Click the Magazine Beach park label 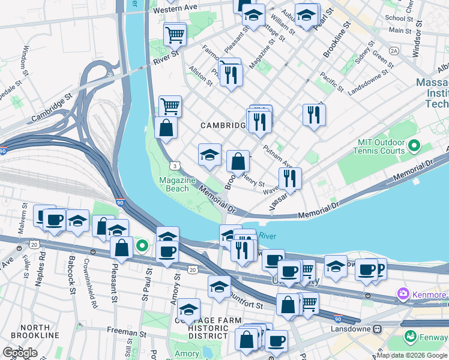[x=177, y=184]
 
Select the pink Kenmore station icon [x=402, y=295]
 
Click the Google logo [x=20, y=353]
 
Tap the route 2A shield [x=394, y=51]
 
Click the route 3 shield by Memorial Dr [x=174, y=164]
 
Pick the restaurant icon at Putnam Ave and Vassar [x=290, y=178]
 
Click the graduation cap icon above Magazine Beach [x=209, y=155]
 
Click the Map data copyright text [x=412, y=355]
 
